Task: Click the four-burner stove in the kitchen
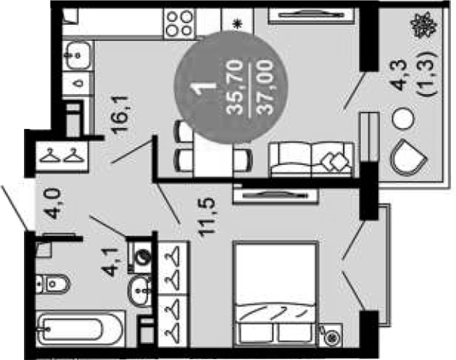point(179,23)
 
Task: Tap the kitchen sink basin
point(77,56)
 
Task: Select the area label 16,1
point(121,115)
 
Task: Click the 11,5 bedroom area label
point(207,216)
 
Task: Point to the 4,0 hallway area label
point(54,204)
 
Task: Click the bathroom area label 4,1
point(111,262)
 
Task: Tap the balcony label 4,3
point(400,74)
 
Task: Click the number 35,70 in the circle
point(234,86)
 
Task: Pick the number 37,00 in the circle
point(266,86)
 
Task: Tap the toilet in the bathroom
point(53,284)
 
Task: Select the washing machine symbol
point(140,257)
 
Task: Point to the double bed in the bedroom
point(275,293)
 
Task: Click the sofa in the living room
point(312,159)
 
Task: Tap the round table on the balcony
point(403,119)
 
